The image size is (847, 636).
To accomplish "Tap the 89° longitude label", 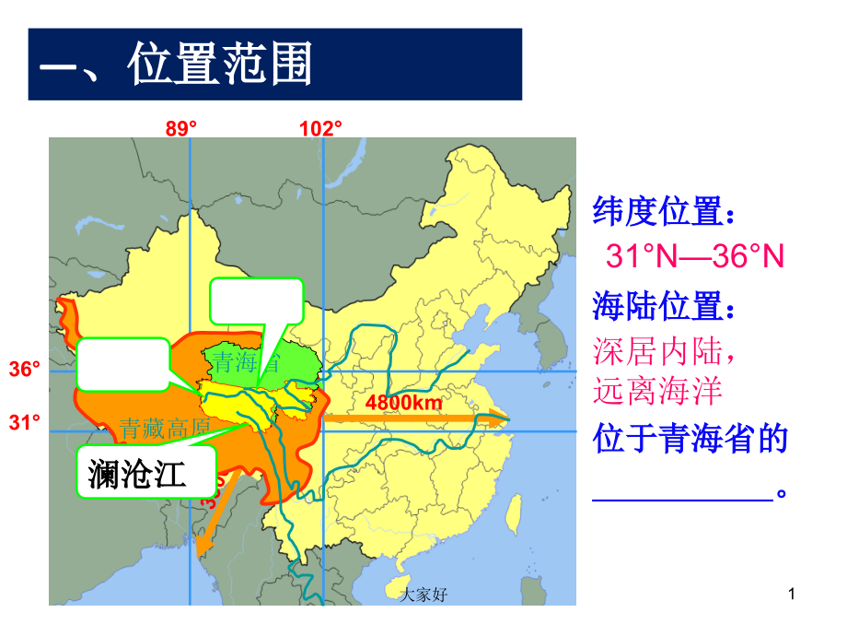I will pos(181,129).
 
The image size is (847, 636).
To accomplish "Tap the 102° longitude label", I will pos(320,129).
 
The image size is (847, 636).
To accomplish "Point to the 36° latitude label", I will pos(25,371).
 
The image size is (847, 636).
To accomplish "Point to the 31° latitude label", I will pos(25,422).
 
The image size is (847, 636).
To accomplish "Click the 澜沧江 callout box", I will pos(145,473).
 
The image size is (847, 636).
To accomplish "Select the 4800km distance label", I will pos(403,403).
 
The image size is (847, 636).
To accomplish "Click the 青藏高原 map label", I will pos(166,427).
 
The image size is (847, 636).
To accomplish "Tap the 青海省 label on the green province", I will pos(243,361).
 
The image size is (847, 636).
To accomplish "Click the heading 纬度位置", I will pos(664,213).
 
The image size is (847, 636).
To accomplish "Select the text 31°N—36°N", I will pos(694,257).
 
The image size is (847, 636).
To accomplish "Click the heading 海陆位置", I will pos(664,304).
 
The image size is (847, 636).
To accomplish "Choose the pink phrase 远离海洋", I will pos(657,392).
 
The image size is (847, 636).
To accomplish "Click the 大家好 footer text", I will pos(424,596).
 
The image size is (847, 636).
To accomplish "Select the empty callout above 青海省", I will pos(257,300).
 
